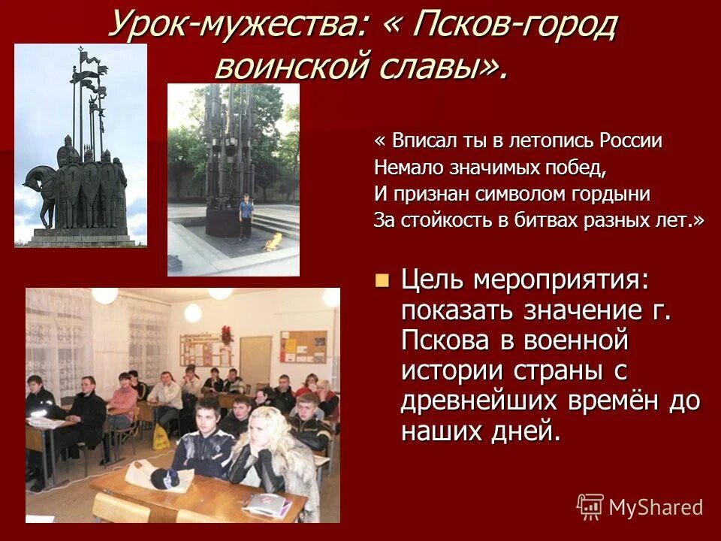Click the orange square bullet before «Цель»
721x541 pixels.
click(x=382, y=281)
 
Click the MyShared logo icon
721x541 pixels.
click(x=590, y=506)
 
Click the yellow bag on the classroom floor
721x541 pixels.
click(x=161, y=437)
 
